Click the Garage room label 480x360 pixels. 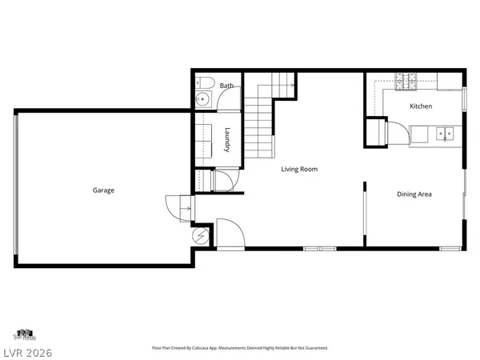click(103, 190)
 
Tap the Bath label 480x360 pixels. click(227, 86)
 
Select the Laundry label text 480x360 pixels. click(228, 140)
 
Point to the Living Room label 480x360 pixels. click(299, 169)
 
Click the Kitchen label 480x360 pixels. click(421, 106)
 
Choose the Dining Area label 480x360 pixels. click(414, 194)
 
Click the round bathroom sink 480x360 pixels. click(202, 100)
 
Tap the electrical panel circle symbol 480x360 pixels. click(202, 236)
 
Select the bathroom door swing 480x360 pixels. click(228, 99)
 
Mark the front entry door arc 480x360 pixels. click(229, 232)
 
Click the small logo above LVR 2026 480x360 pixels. click(23, 334)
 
